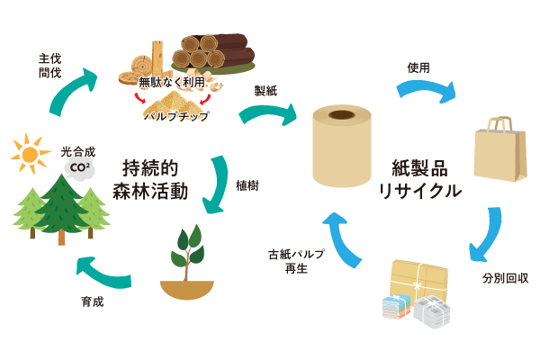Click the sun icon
pyautogui.click(x=31, y=154)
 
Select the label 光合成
pyautogui.click(x=77, y=152)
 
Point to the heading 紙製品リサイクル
pyautogui.click(x=419, y=179)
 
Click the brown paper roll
pyautogui.click(x=341, y=148)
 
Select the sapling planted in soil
pyautogui.click(x=188, y=262)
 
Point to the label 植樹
pyautogui.click(x=247, y=185)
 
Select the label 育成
pyautogui.click(x=93, y=301)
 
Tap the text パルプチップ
pyautogui.click(x=176, y=116)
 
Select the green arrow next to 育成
pyautogui.click(x=103, y=271)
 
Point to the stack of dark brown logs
pyautogui.click(x=216, y=52)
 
